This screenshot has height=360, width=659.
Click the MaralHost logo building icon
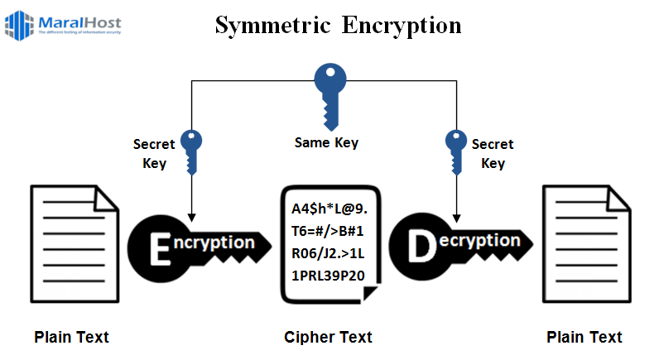tap(19, 25)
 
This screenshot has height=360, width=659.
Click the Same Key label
tap(326, 142)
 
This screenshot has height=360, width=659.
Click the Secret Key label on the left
tap(154, 153)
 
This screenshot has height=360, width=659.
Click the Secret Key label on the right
tap(493, 153)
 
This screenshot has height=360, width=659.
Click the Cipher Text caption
tap(328, 337)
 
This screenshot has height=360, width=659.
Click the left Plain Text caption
tap(71, 337)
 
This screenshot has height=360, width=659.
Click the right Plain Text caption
tap(584, 337)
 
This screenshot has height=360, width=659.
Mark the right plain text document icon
tap(584, 245)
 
